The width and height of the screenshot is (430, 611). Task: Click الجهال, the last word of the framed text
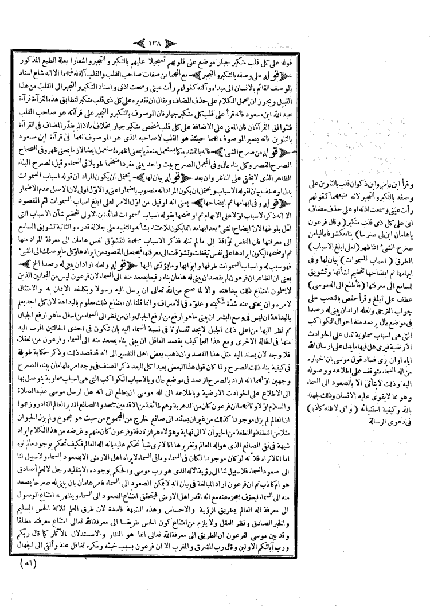pyautogui.click(x=26, y=558)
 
